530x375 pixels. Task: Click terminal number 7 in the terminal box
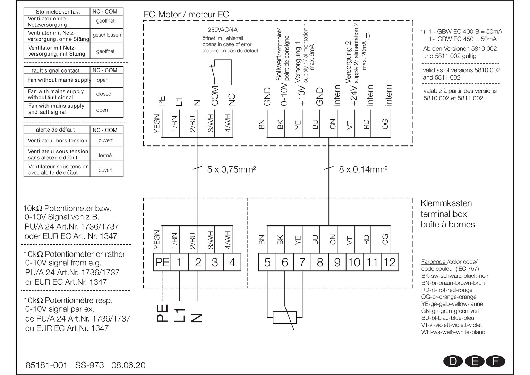tap(302, 262)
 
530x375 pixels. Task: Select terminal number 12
tap(390, 262)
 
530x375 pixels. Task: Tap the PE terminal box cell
tap(162, 262)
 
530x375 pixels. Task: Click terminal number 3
tap(215, 262)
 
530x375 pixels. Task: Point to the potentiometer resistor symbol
tap(284, 317)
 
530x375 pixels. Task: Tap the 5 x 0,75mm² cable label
tap(231, 169)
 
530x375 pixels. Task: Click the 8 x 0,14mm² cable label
tap(363, 169)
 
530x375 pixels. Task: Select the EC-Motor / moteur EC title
tap(186, 15)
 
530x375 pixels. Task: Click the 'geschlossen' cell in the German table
tap(107, 35)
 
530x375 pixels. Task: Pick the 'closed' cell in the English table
tap(104, 94)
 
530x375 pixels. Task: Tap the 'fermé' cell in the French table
tap(105, 156)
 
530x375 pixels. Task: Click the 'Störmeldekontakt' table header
tap(58, 12)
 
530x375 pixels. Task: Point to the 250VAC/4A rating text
tap(222, 30)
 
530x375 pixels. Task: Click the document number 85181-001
tap(46, 365)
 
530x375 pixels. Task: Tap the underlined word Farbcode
tap(433, 262)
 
